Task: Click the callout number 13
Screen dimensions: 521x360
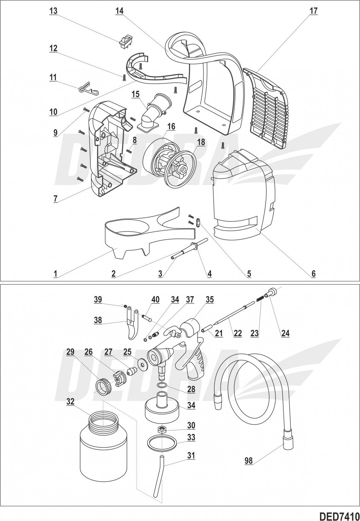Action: [53, 11]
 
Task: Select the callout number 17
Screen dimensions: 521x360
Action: [313, 11]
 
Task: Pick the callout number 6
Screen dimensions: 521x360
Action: [313, 274]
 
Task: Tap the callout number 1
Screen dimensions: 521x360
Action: [55, 274]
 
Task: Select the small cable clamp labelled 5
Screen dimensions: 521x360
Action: [199, 222]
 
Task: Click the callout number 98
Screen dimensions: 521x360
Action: [248, 461]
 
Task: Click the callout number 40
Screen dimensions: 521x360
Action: [155, 299]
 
